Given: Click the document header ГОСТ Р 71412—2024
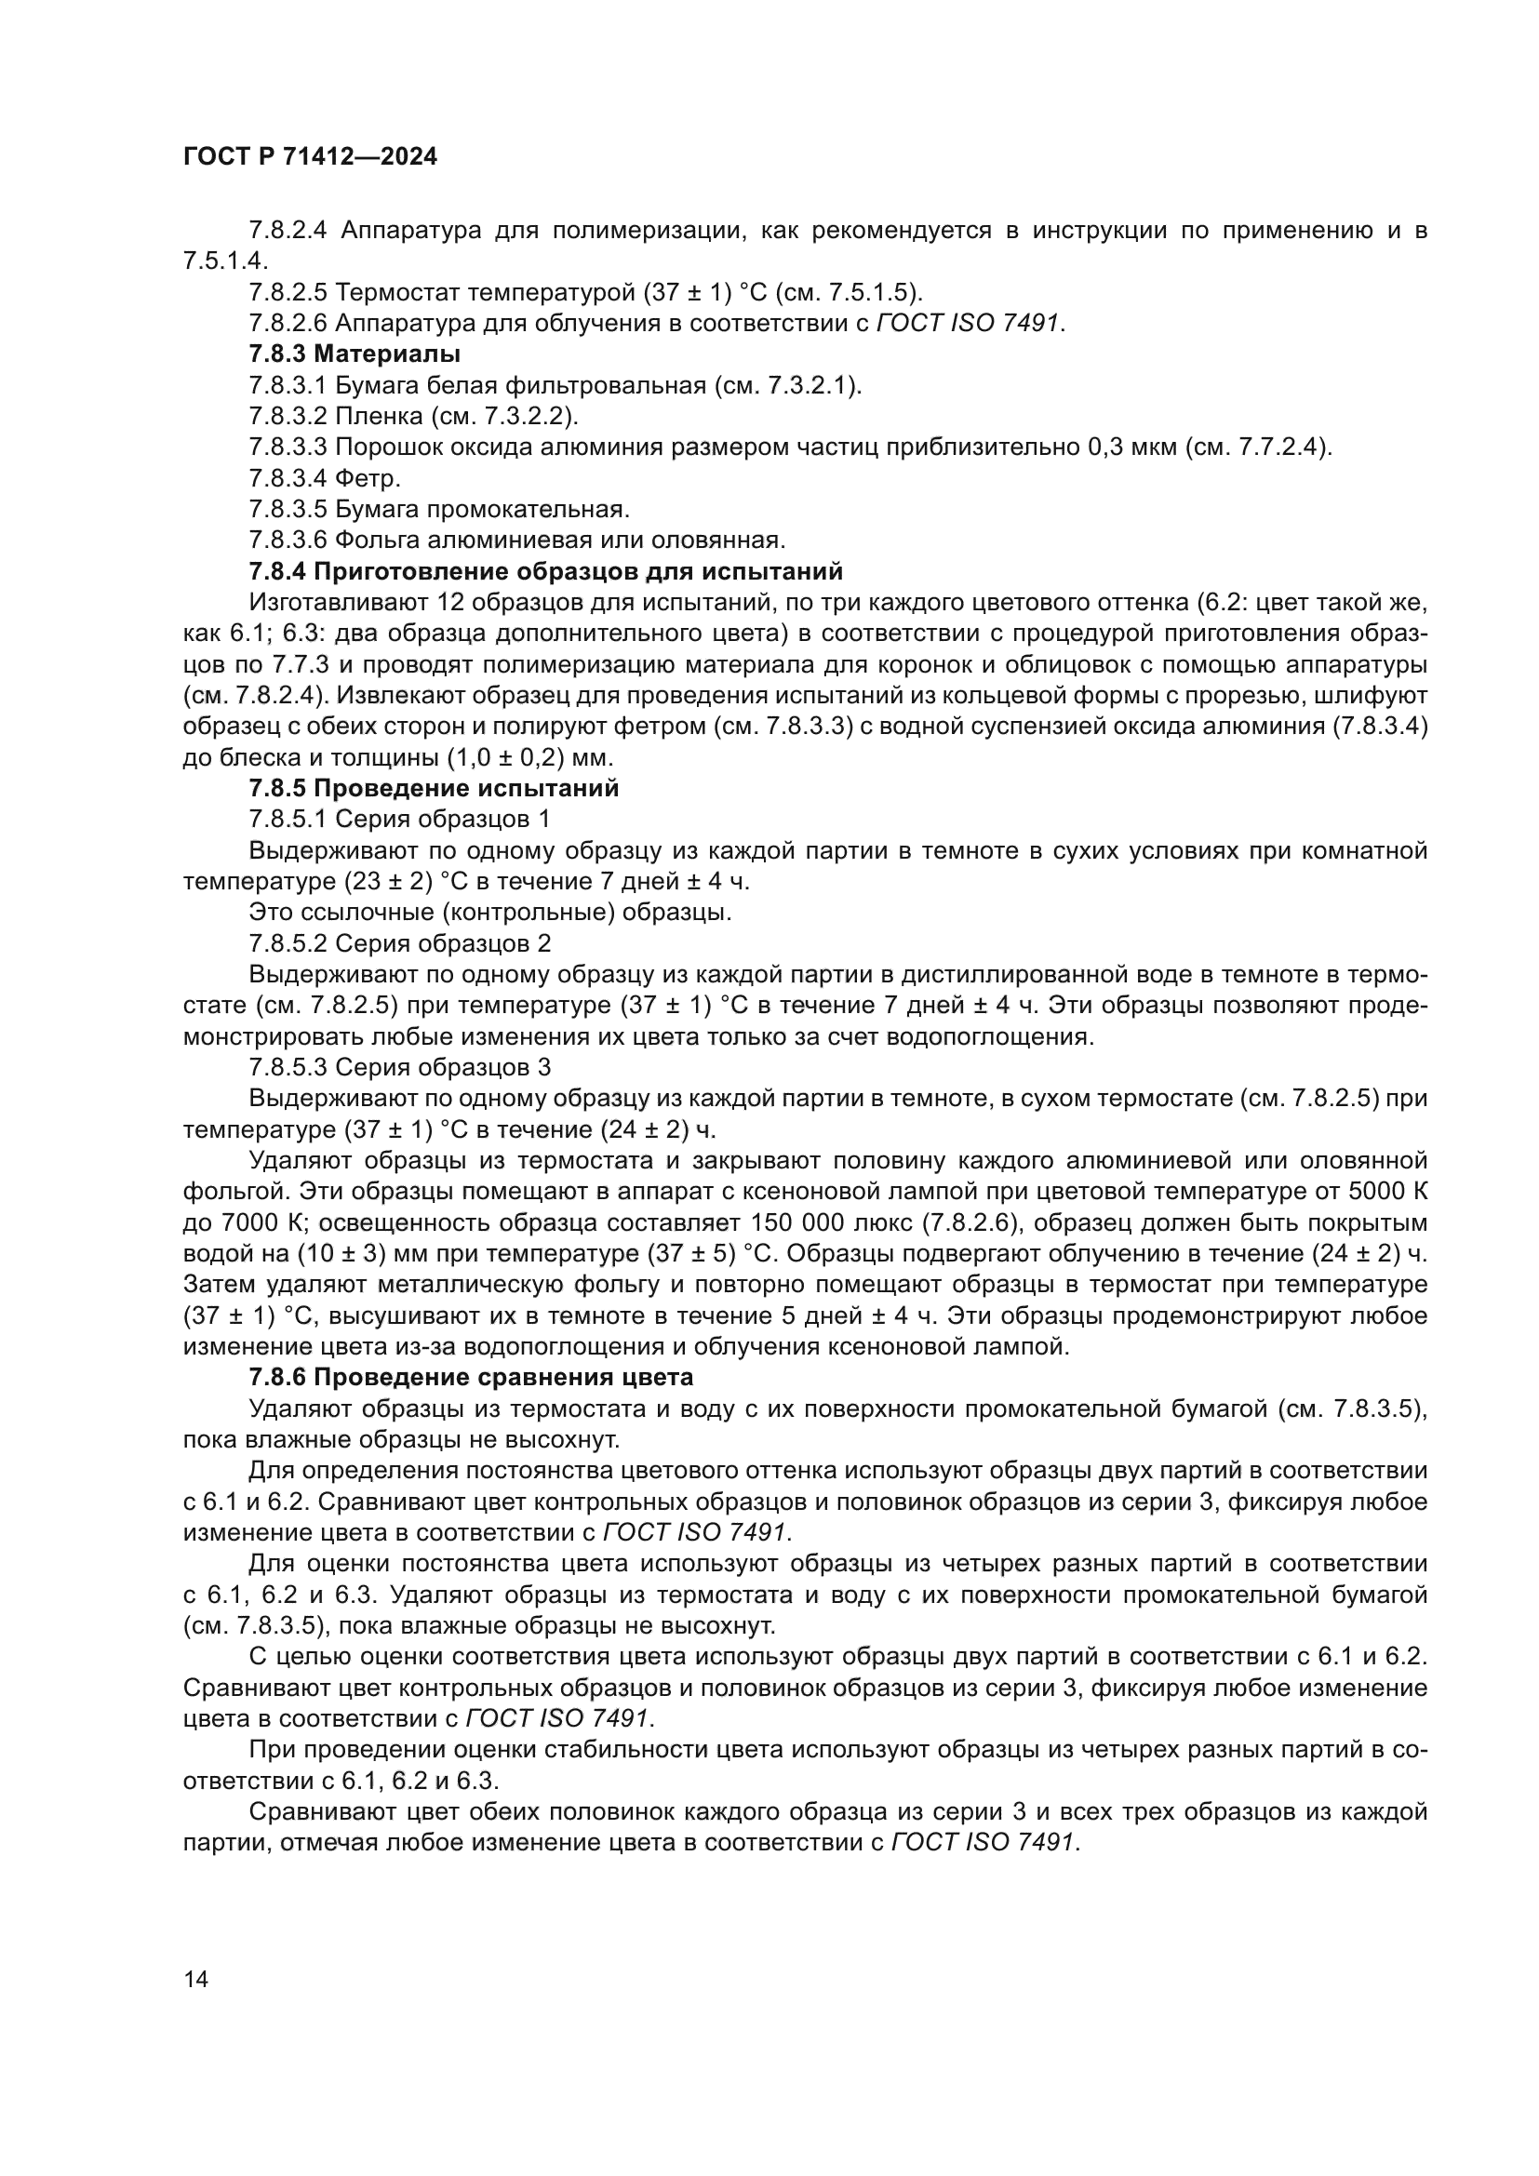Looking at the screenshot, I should click(310, 157).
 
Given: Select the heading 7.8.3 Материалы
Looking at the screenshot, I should click(355, 354).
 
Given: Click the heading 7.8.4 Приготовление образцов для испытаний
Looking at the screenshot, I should click(545, 571).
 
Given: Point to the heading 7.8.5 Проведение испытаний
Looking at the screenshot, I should click(434, 789).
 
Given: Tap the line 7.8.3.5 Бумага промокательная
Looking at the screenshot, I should click(439, 510).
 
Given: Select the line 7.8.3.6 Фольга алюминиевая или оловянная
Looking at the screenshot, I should click(516, 541).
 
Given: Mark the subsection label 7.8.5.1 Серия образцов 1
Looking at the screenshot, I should click(399, 819).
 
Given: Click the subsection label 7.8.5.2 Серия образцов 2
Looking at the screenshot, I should click(399, 943).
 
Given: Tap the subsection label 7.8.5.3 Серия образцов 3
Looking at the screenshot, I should click(399, 1067).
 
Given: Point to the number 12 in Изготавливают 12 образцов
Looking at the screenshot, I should click(451, 603).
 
